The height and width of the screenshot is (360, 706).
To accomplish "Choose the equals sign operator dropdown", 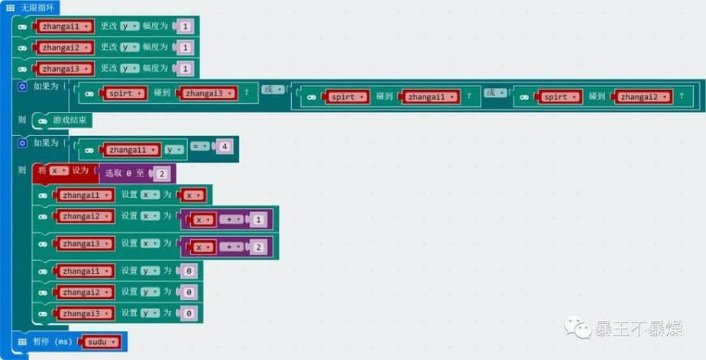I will (200, 144).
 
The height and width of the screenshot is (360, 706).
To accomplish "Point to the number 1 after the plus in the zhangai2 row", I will (259, 220).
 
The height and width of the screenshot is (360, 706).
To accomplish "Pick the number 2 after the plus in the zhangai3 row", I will (259, 247).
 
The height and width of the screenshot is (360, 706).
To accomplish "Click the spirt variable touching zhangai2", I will (559, 97).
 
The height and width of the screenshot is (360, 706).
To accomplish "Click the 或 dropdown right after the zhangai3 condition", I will (272, 90).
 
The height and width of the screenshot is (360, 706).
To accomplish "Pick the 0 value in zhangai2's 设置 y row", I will (189, 292).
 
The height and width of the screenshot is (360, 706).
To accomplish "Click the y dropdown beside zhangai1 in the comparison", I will (173, 150).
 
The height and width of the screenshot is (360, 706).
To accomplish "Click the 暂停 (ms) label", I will (50, 341).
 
